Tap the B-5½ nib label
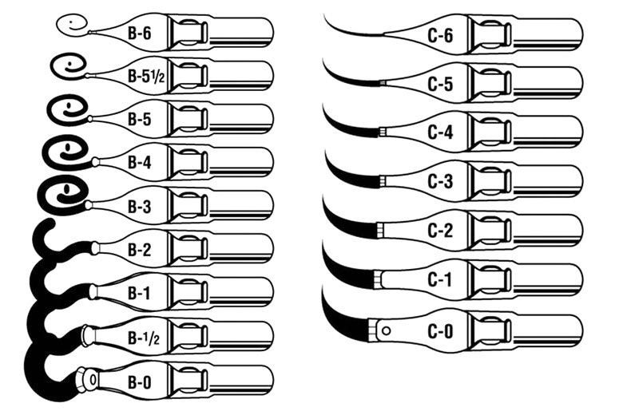[144, 76]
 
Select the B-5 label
[139, 119]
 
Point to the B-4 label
[139, 162]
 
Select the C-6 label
[440, 35]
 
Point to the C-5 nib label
[440, 84]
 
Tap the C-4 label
[440, 132]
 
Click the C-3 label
[440, 181]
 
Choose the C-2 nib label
[440, 231]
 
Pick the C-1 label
[440, 279]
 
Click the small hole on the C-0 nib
[387, 330]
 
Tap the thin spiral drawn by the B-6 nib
[73, 25]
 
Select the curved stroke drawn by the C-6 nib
[351, 30]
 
